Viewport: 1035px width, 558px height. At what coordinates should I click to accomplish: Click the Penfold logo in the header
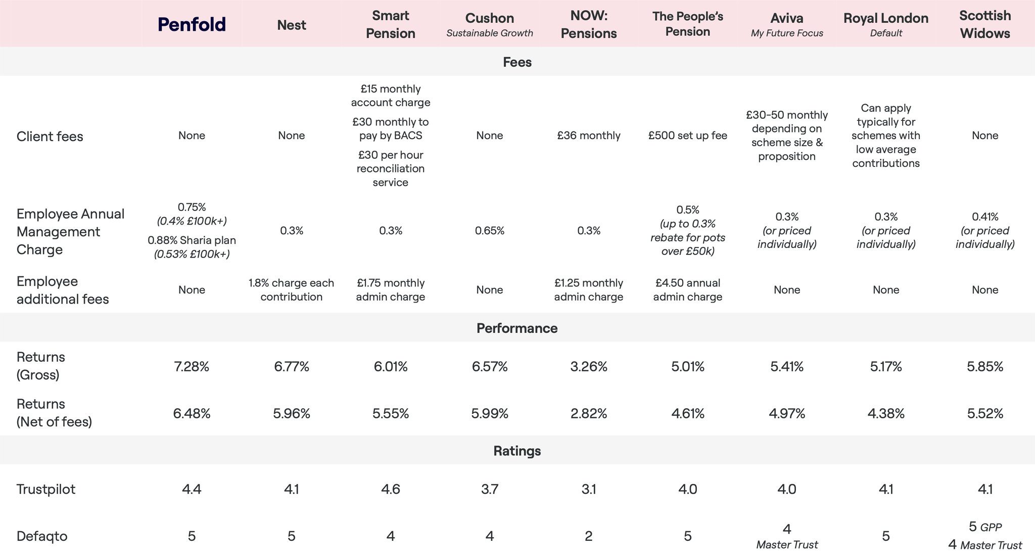[x=192, y=24]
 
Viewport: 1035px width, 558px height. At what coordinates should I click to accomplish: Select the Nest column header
[x=292, y=25]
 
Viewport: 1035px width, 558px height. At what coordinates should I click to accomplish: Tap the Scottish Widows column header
[x=985, y=24]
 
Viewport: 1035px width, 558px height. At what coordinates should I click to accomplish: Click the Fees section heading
[x=517, y=62]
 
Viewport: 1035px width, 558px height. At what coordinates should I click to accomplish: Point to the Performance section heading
[x=517, y=328]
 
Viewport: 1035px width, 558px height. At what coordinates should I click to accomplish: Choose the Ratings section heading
[x=517, y=451]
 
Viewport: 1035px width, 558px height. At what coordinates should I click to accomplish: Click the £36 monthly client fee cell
[x=589, y=136]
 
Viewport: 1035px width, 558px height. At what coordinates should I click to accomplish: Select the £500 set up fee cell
[x=688, y=136]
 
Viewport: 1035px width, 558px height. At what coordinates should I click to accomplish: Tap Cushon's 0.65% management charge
[x=490, y=231]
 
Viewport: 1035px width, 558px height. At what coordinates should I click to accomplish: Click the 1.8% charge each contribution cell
[x=292, y=290]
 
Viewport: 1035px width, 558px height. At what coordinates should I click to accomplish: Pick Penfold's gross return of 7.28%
[x=192, y=366]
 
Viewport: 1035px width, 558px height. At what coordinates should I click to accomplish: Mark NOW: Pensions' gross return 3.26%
[x=589, y=366]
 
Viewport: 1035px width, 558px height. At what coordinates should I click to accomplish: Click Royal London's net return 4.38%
[x=886, y=414]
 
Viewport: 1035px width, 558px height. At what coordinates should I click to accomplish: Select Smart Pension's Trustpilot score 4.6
[x=391, y=489]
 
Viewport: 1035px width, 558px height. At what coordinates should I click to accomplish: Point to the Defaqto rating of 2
[x=589, y=536]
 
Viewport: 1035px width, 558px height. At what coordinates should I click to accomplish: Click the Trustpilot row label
[x=46, y=489]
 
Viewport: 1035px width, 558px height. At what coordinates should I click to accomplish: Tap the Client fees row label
[x=50, y=137]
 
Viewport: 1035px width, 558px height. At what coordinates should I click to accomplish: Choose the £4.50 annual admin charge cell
[x=688, y=290]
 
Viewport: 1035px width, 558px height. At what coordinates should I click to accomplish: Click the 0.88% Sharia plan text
[x=192, y=240]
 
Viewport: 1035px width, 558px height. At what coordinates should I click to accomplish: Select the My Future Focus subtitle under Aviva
[x=787, y=33]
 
